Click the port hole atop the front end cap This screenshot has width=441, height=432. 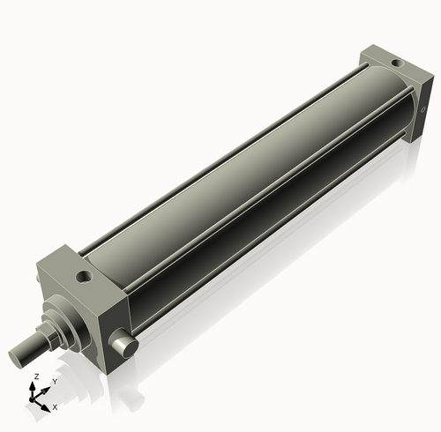(85, 277)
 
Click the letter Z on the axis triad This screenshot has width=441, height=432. (35, 376)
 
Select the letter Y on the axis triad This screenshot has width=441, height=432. (56, 381)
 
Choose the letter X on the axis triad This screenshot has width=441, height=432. (55, 407)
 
